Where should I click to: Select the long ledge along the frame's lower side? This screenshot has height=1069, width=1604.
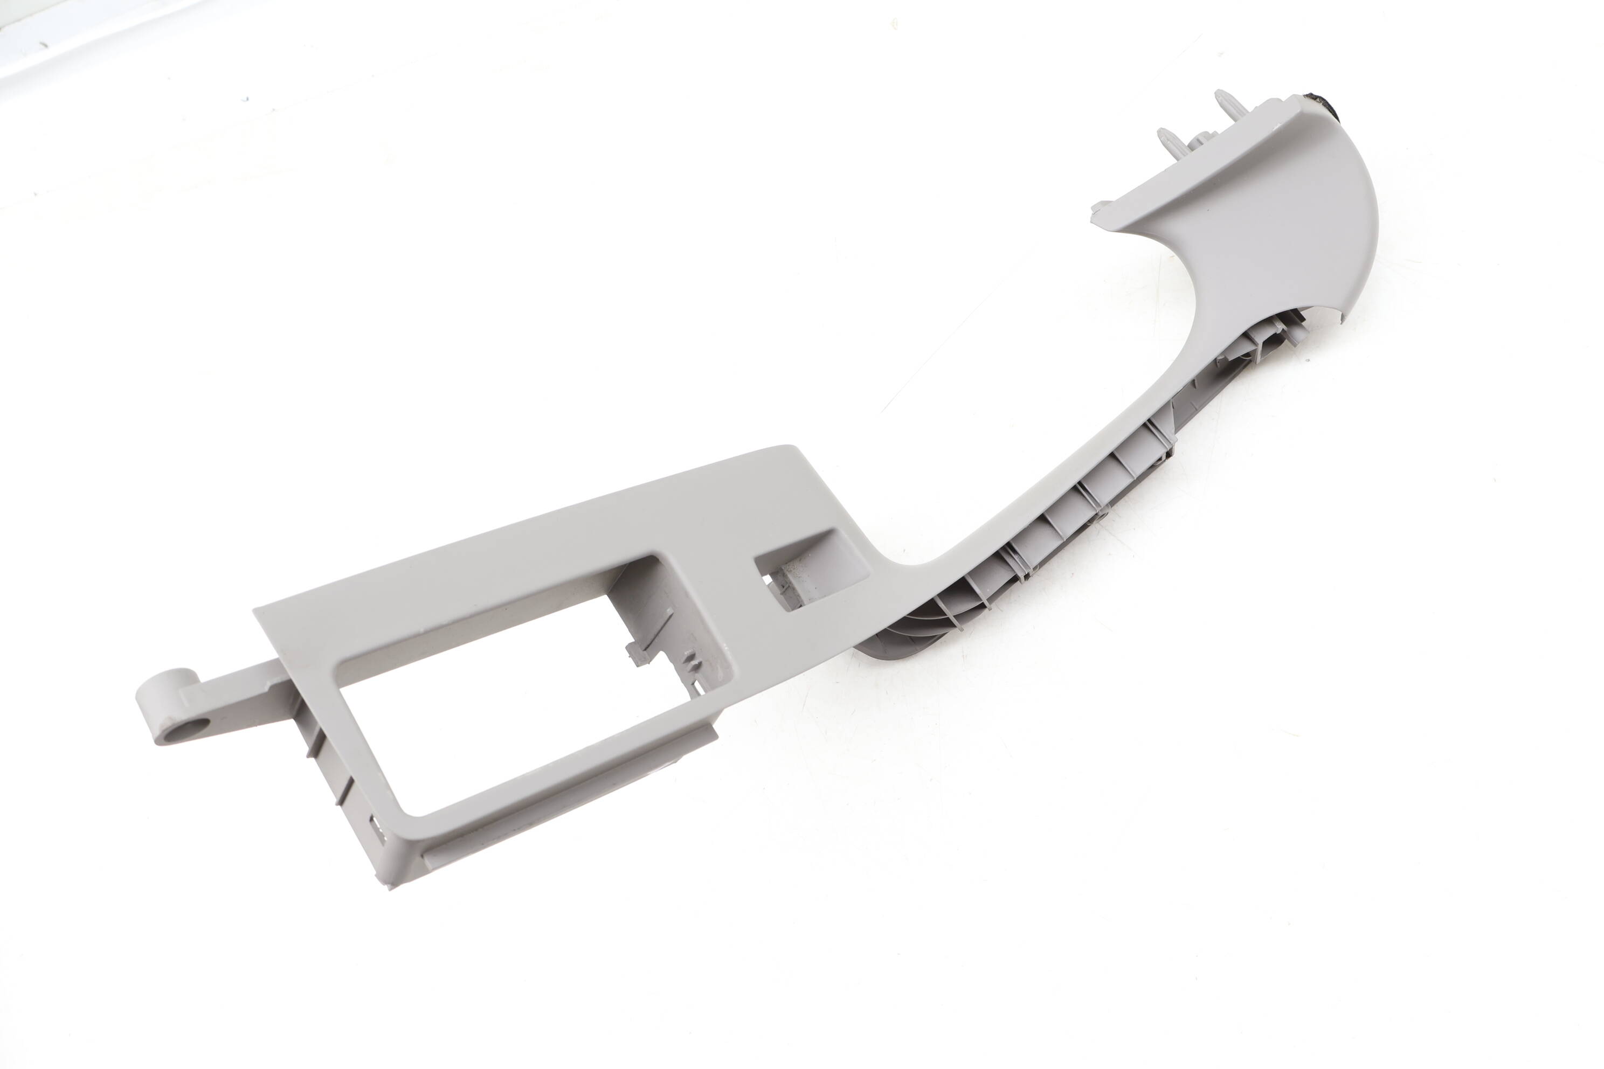(x=566, y=794)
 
